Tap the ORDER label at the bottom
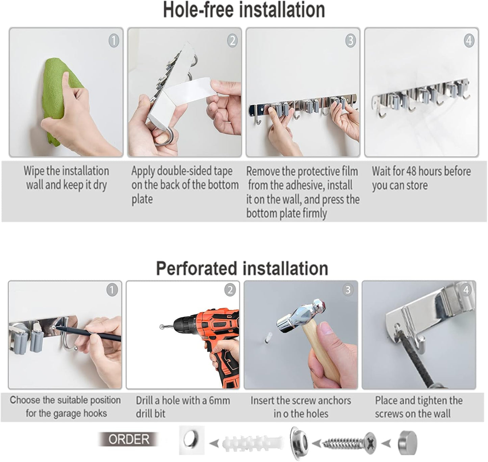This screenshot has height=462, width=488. tap(129, 439)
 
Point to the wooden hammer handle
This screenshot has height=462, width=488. tap(324, 355)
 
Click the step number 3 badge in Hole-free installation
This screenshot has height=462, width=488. tap(351, 41)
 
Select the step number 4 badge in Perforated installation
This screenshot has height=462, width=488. tap(466, 290)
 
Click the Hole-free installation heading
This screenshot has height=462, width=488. tap(244, 10)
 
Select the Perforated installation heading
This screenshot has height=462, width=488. tap(242, 269)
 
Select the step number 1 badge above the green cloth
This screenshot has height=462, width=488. tap(114, 41)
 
